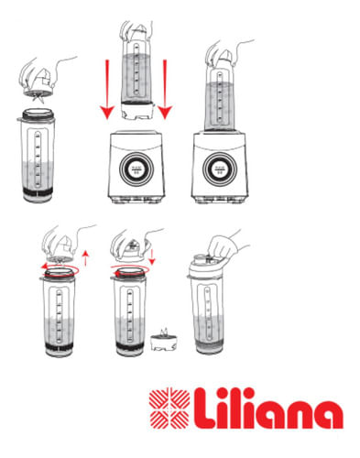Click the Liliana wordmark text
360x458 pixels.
point(268,409)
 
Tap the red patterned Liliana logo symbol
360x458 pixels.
point(169,409)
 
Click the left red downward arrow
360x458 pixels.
point(107,90)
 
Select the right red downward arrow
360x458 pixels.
point(165,90)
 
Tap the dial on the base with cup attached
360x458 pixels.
point(220,169)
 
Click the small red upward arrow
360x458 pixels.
point(86,258)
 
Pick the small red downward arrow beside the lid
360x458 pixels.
point(152,256)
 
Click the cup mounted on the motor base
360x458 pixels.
point(220,99)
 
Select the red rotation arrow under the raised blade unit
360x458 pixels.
point(60,270)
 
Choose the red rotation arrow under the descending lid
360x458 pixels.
point(130,270)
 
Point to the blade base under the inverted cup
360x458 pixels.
point(136,111)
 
